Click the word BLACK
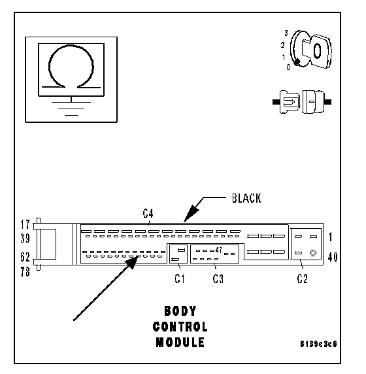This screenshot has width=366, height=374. (x=246, y=199)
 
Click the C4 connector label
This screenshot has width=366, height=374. (x=148, y=213)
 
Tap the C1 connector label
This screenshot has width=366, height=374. (x=180, y=279)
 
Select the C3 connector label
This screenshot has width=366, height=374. (x=218, y=279)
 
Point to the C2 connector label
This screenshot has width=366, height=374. (x=303, y=279)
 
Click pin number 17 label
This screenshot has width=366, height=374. (x=25, y=225)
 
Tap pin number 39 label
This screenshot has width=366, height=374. (x=25, y=238)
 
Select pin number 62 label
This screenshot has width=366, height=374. (x=25, y=257)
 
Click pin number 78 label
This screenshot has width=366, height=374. (x=25, y=272)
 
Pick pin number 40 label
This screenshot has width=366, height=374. (x=333, y=257)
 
